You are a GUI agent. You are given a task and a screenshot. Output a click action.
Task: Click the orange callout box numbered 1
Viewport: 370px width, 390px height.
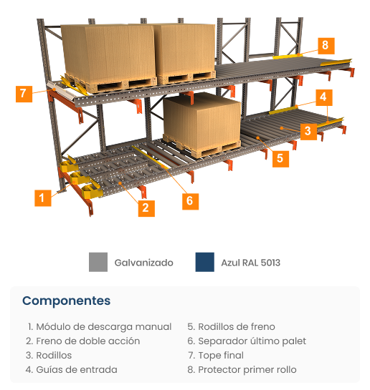(42, 198)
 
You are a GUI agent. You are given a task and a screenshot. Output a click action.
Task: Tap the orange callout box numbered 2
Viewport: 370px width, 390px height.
(146, 208)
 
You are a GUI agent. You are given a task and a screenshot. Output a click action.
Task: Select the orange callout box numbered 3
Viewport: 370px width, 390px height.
(308, 131)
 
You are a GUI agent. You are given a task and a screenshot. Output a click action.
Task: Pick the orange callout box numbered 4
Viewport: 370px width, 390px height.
(324, 97)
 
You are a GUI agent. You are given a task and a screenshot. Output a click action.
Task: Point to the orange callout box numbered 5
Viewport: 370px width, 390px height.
(280, 159)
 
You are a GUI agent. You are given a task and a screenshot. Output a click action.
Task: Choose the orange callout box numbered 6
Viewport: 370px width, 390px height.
(190, 202)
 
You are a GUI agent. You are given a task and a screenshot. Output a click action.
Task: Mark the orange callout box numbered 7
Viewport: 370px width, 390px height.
(24, 94)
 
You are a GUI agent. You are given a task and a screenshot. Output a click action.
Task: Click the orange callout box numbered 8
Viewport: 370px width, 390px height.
(326, 46)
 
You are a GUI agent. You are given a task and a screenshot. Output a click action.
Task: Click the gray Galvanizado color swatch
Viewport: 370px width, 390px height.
(98, 262)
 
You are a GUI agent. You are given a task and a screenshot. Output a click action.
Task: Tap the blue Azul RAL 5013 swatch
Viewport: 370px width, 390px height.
(205, 262)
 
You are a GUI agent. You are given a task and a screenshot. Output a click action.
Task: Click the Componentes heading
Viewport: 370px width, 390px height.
(66, 301)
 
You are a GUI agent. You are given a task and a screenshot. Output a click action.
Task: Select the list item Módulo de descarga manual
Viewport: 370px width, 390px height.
(100, 327)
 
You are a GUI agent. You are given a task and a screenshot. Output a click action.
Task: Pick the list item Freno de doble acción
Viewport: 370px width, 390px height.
(83, 341)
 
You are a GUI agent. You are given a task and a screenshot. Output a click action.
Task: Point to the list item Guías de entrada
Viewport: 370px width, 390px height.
(72, 369)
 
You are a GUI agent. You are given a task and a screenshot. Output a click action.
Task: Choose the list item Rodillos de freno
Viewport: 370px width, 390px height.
(231, 327)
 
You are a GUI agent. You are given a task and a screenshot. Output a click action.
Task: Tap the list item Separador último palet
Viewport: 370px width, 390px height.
(247, 341)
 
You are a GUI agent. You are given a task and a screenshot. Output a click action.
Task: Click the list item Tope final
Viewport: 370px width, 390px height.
(216, 356)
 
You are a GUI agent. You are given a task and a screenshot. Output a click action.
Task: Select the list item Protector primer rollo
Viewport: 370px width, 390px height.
(242, 369)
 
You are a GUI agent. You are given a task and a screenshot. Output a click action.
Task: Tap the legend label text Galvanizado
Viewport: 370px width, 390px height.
(143, 263)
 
